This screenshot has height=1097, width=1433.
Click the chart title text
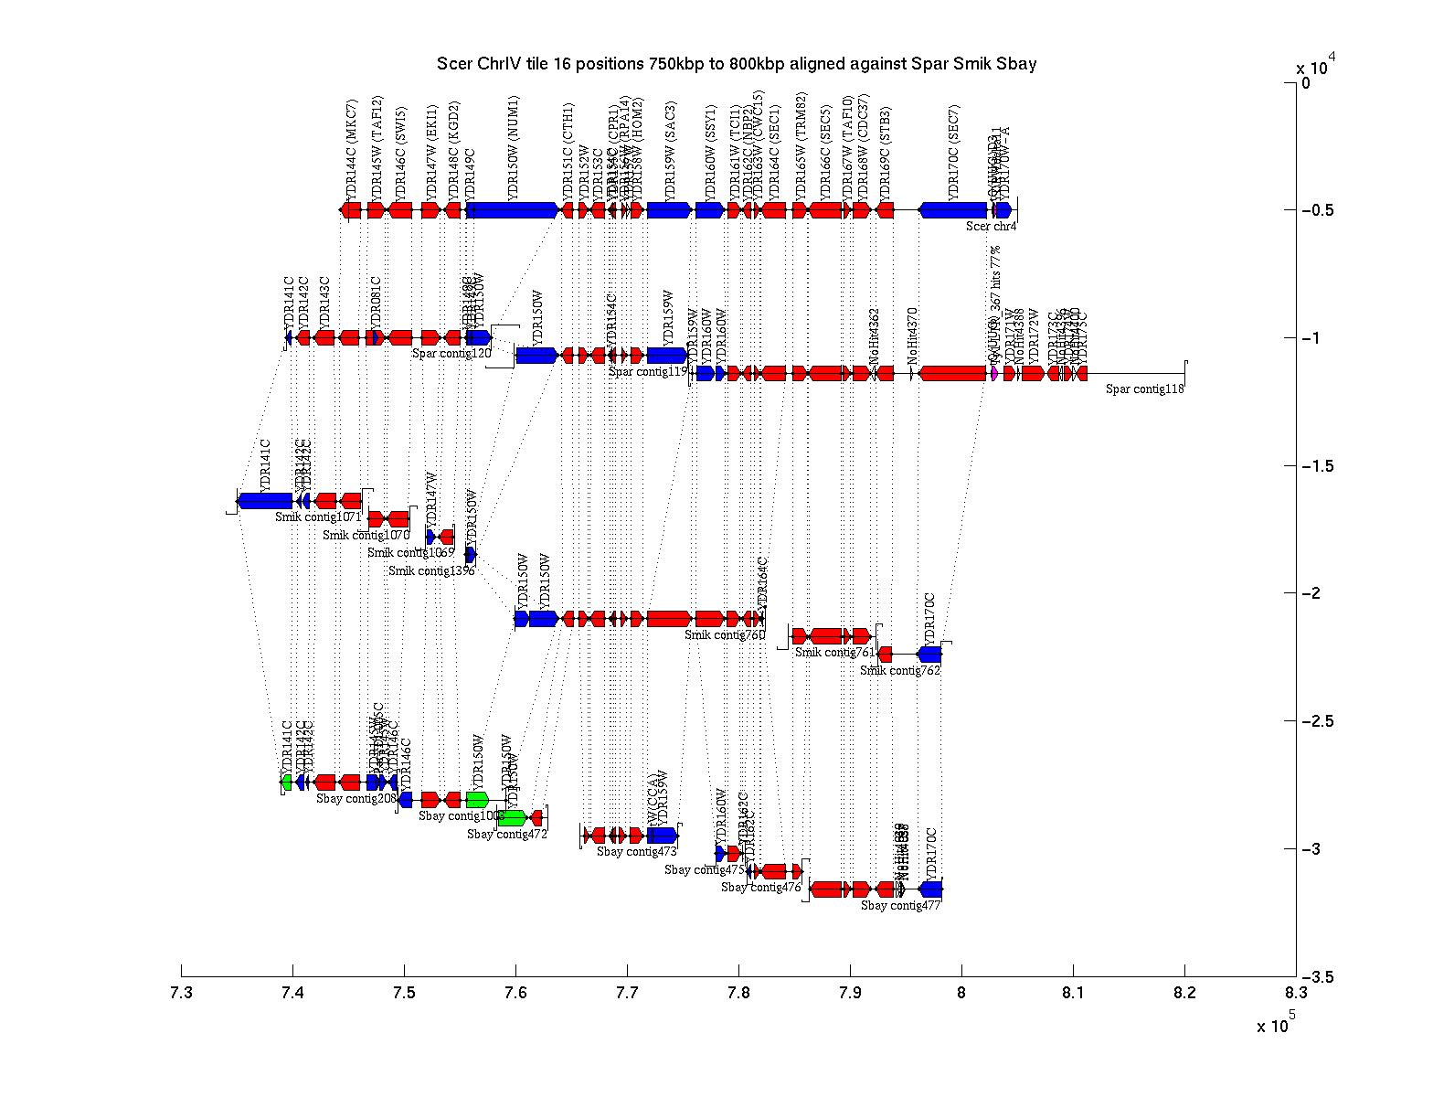point(737,64)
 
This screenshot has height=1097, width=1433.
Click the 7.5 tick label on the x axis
point(404,991)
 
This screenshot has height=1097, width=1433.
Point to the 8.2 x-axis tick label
point(1184,991)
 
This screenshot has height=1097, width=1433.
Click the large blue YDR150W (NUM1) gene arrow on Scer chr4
point(512,210)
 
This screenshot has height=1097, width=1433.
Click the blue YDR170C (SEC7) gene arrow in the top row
point(952,210)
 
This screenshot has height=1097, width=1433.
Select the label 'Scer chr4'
point(991,227)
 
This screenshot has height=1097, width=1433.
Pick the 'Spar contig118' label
point(1144,389)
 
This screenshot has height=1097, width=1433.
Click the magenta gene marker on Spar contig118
point(993,373)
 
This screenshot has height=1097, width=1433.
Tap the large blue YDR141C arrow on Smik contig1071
point(265,500)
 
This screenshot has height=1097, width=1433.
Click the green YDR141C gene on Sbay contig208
point(287,783)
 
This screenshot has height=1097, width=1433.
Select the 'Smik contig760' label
point(724,634)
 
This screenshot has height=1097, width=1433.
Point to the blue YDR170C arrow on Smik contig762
point(929,655)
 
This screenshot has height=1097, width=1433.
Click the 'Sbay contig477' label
point(900,906)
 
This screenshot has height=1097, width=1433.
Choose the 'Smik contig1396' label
point(431,571)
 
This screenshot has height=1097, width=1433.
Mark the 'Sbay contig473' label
point(636,852)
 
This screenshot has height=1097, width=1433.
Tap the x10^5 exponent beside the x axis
point(1275,1025)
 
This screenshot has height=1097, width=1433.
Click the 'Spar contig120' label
point(451,353)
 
